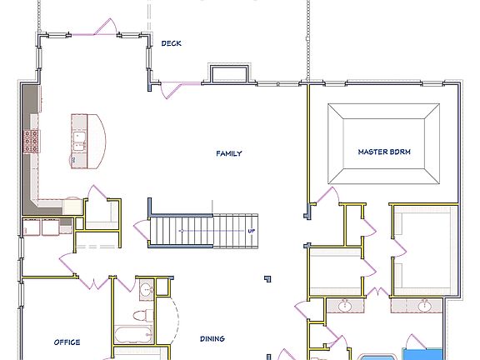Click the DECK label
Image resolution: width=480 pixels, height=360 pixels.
pos(171,43)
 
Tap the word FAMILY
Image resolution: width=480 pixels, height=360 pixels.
pos(229,153)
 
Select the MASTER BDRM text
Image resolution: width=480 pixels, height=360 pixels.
pos(384,152)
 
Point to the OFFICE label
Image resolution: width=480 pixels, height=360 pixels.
pos(67,342)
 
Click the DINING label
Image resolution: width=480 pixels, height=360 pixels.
pos(212,339)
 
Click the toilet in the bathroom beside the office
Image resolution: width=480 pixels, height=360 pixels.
pos(142,316)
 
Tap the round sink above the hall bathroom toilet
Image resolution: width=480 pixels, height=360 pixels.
pos(146,290)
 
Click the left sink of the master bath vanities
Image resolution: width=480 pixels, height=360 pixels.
pos(345,307)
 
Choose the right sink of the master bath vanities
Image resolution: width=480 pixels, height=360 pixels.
pos(424,307)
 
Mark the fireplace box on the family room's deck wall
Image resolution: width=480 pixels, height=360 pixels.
pos(227,74)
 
